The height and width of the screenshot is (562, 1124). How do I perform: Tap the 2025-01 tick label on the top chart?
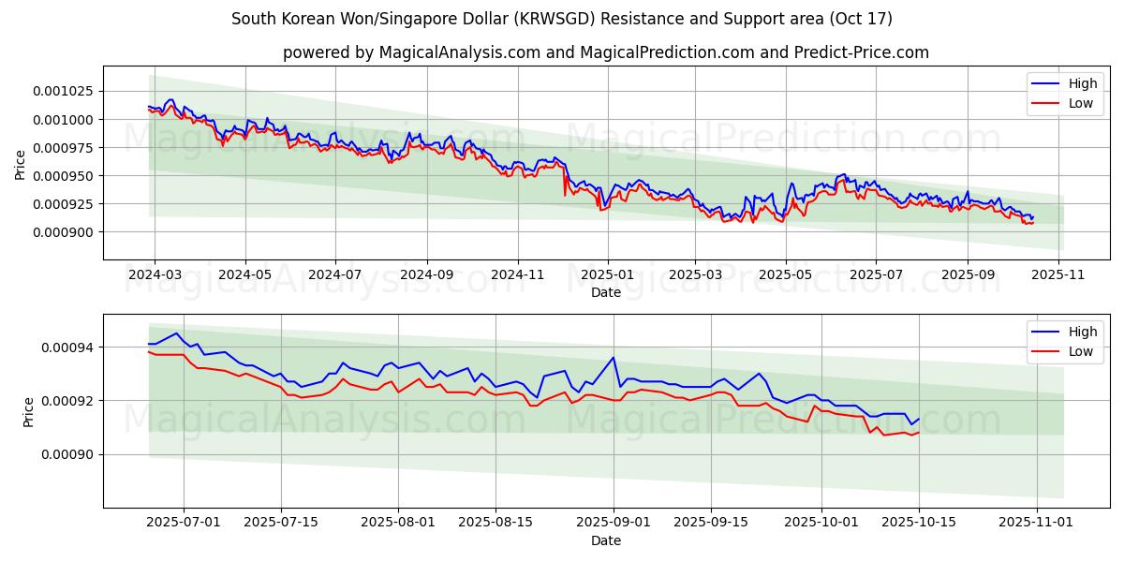(607, 274)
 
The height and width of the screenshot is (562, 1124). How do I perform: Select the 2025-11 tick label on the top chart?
(1058, 274)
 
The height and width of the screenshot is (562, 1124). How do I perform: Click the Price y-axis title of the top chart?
(21, 164)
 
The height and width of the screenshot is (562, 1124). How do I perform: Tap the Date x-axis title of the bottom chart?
(605, 540)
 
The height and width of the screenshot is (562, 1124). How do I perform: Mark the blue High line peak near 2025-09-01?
(614, 357)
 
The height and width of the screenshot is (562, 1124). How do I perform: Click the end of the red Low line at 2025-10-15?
(919, 433)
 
